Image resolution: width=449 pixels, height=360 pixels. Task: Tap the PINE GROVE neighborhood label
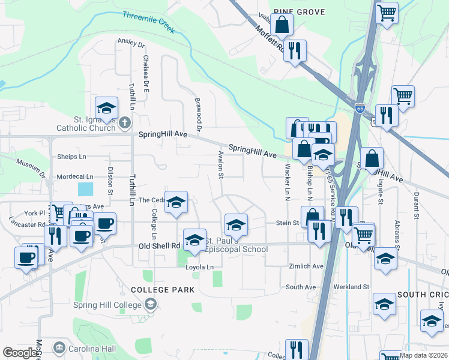[299, 12]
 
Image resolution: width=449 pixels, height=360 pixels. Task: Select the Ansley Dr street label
[132, 44]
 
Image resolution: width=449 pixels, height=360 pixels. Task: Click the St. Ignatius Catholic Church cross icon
[124, 123]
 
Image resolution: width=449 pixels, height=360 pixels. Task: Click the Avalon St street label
[220, 164]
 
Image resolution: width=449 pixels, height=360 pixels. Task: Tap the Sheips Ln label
[71, 157]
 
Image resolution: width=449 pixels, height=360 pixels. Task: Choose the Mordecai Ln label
[75, 177]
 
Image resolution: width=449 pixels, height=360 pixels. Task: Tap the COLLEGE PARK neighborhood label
[163, 290]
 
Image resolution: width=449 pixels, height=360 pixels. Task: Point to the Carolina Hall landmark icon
[59, 347]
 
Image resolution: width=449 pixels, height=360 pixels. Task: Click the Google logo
[20, 353]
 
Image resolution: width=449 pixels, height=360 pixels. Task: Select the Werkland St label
[352, 287]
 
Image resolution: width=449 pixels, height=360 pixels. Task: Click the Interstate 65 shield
[359, 109]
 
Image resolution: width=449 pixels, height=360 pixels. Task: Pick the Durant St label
[416, 205]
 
